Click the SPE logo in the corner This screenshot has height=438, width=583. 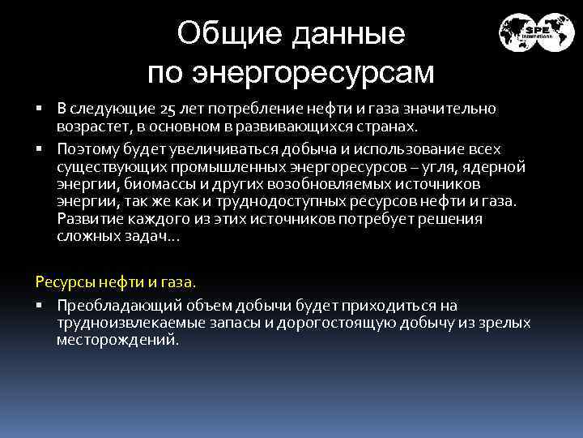[535, 32]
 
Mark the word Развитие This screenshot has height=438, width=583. [87, 219]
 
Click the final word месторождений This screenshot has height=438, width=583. [117, 340]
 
